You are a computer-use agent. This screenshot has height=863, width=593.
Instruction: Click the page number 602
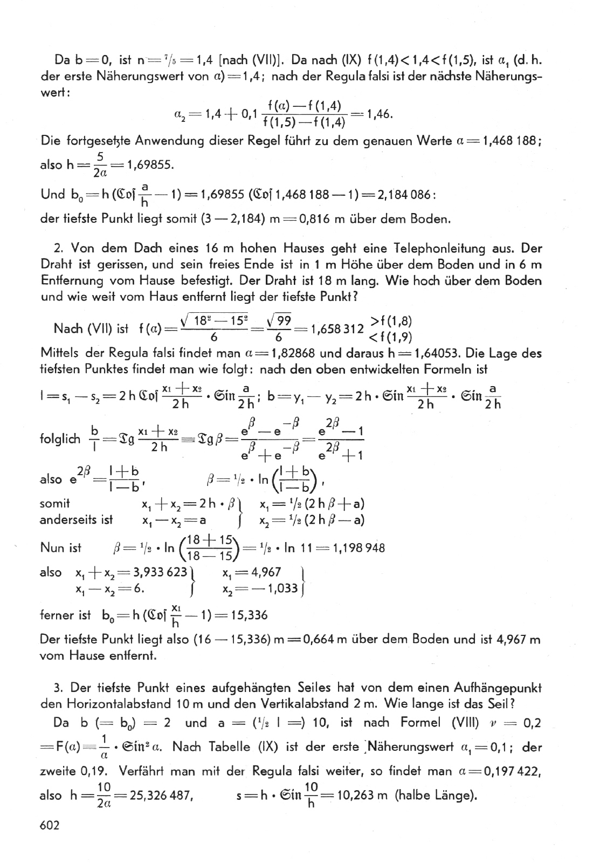click(50, 825)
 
